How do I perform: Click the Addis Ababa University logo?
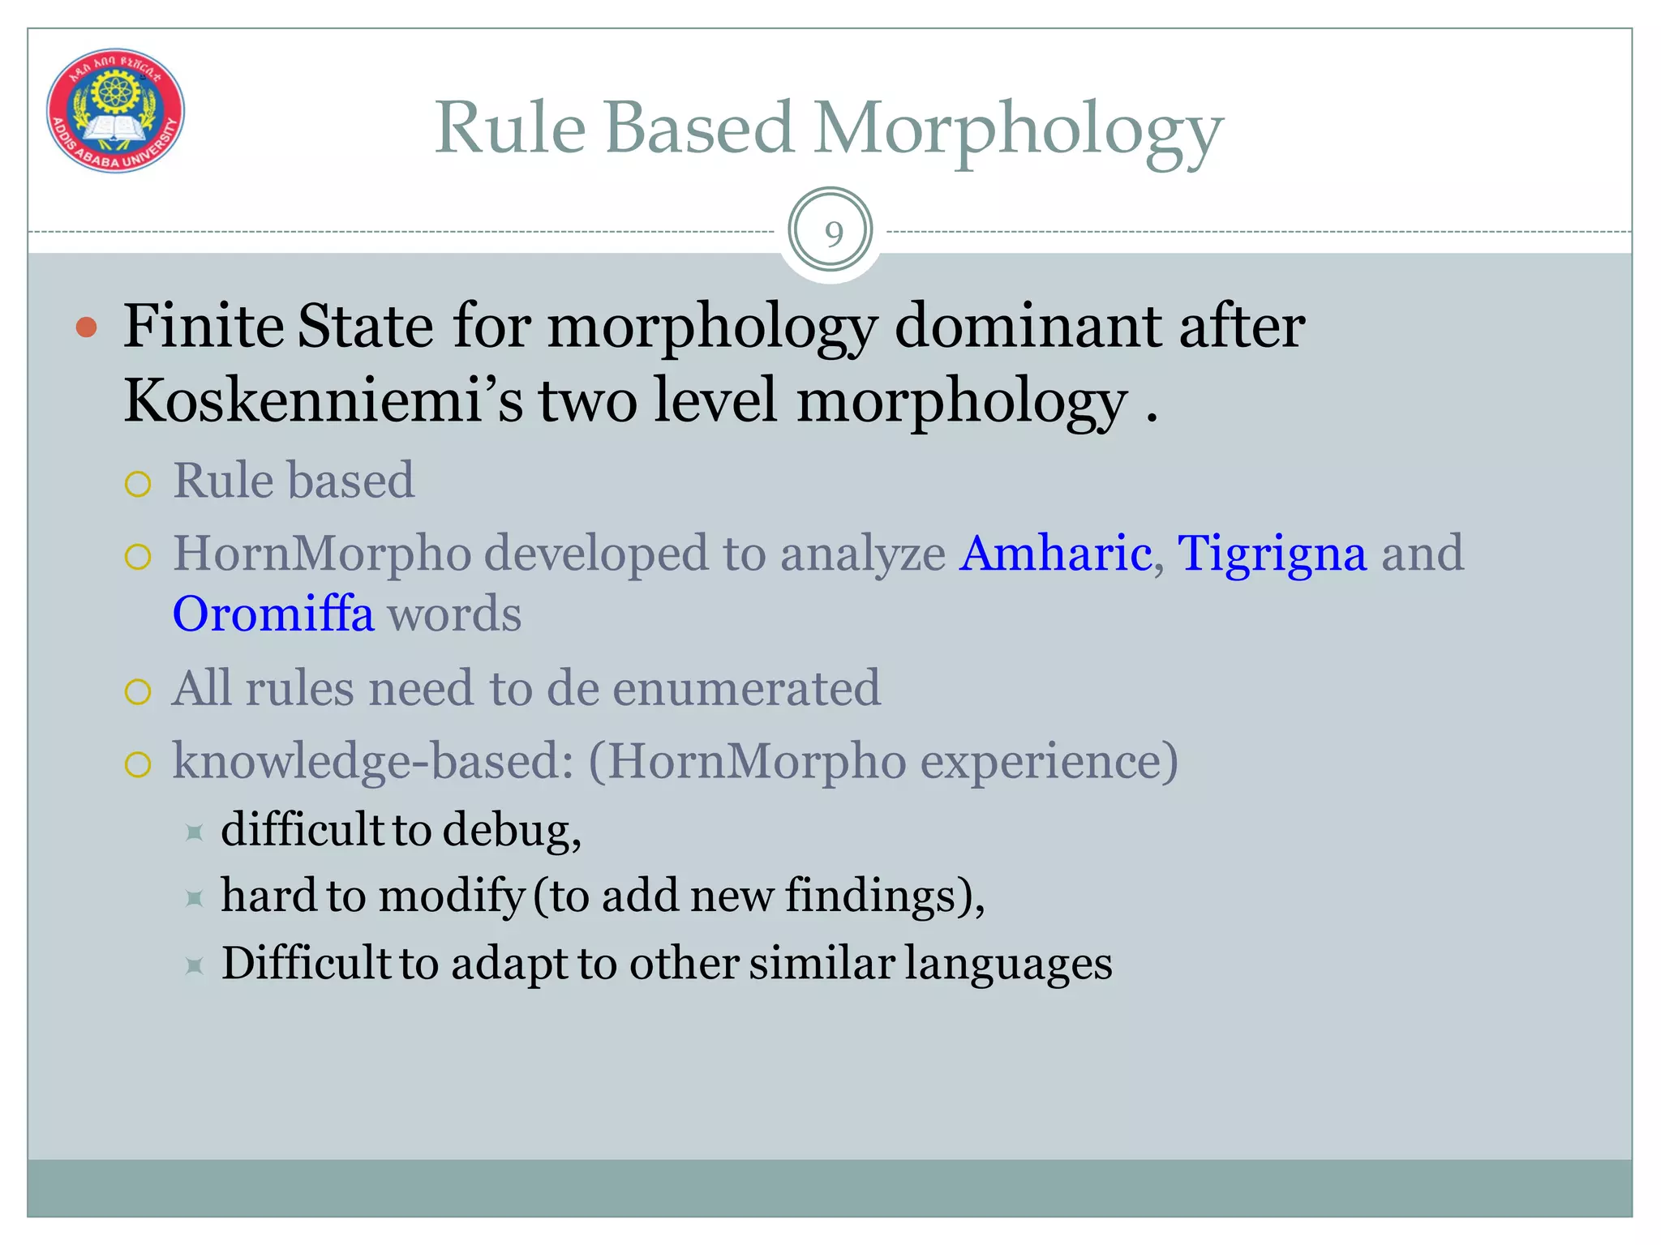tap(115, 110)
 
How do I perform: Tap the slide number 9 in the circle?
tap(833, 233)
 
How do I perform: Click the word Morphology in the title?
tap(1018, 130)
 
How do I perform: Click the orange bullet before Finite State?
tap(86, 328)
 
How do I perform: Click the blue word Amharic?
tap(1055, 554)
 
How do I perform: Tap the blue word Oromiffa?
tap(273, 614)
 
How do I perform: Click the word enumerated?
tap(746, 689)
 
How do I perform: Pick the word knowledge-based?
tap(373, 762)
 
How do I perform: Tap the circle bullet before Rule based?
tap(138, 484)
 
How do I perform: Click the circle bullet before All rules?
tap(138, 692)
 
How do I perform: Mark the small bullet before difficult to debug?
tap(194, 832)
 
